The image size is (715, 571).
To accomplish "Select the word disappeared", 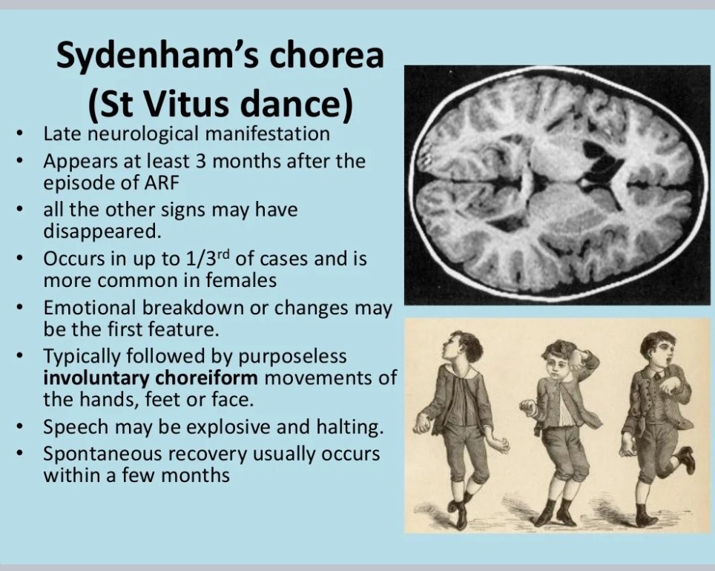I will pyautogui.click(x=102, y=230).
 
